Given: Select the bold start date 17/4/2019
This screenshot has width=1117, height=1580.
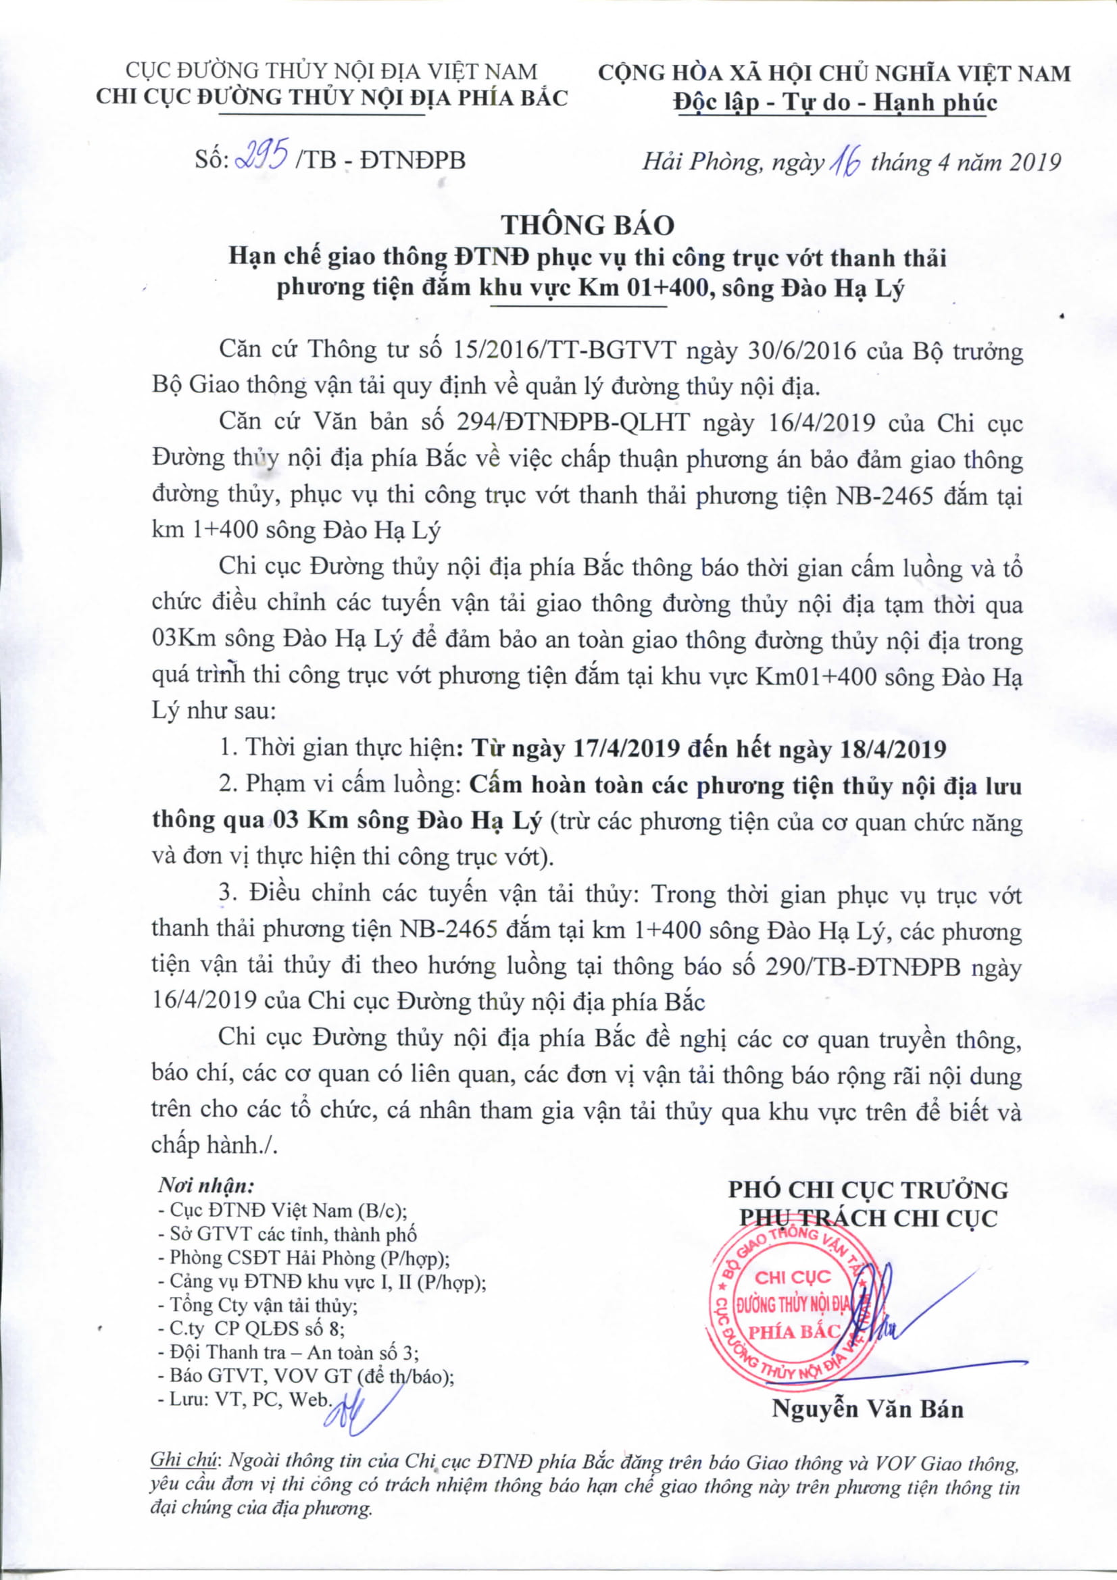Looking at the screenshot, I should coord(627,748).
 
